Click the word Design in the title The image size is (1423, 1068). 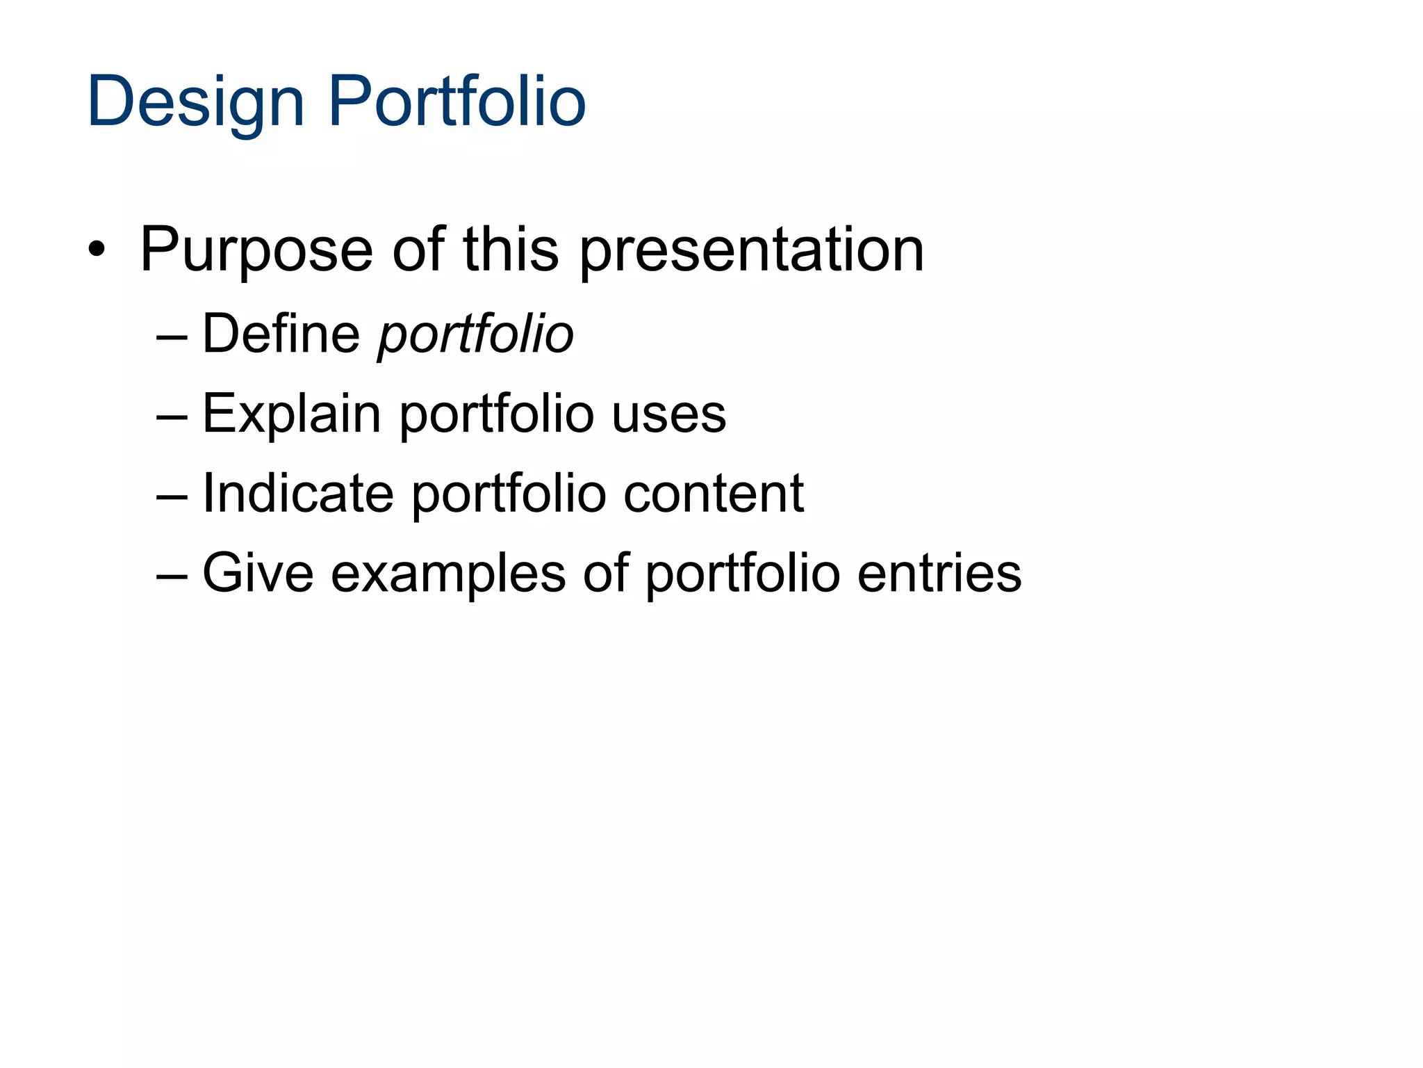(x=196, y=103)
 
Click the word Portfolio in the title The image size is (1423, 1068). (x=456, y=103)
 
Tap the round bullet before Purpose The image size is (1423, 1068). (x=97, y=250)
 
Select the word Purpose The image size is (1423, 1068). (x=256, y=250)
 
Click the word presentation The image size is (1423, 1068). (x=752, y=250)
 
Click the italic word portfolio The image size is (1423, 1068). (x=475, y=335)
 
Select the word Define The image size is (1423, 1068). (x=281, y=334)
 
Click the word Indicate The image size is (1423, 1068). (x=297, y=494)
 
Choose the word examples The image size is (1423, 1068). (x=448, y=574)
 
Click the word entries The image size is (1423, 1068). (x=939, y=574)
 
